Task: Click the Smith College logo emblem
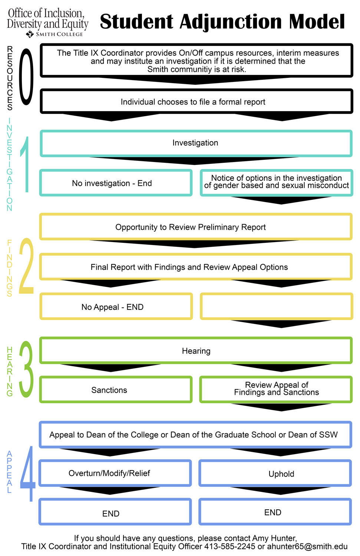coord(30,34)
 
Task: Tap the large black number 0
coord(26,77)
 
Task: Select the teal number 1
coord(25,164)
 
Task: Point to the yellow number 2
coord(26,266)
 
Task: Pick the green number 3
coord(26,369)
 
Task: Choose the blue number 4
coord(27,474)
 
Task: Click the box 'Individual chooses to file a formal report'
coord(196,101)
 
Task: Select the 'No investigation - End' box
coord(116,183)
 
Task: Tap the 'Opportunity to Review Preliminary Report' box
coord(196,226)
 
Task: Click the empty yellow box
coord(276,306)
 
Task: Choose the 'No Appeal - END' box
coord(116,306)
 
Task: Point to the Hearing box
coord(196,350)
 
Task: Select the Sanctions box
coord(116,390)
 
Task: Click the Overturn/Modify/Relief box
coord(115,473)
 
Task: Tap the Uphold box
coord(275,473)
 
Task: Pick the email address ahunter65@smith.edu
coord(307,546)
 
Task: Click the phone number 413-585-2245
coord(229,546)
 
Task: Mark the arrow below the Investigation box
coord(195,160)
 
